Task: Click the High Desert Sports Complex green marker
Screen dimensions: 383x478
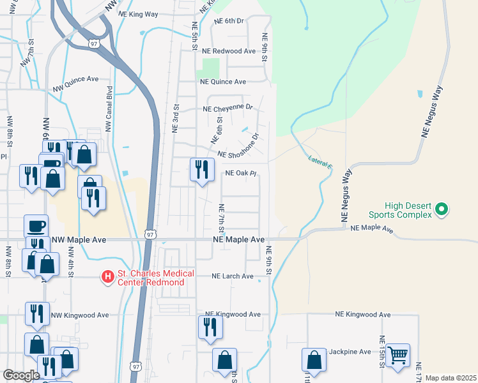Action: tap(441, 208)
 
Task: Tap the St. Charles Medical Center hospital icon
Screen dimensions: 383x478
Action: tap(108, 276)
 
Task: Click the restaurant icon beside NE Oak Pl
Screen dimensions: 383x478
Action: tap(202, 169)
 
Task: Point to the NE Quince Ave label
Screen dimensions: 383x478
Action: tap(223, 82)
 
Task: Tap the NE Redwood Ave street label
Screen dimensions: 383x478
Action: tap(228, 50)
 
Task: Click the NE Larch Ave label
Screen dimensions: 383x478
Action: tap(233, 276)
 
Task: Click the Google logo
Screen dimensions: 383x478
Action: tap(21, 375)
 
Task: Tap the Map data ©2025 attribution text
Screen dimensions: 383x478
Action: tap(451, 378)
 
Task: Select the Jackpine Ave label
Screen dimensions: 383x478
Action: tap(350, 352)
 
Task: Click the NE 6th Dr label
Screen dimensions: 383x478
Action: tap(229, 21)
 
